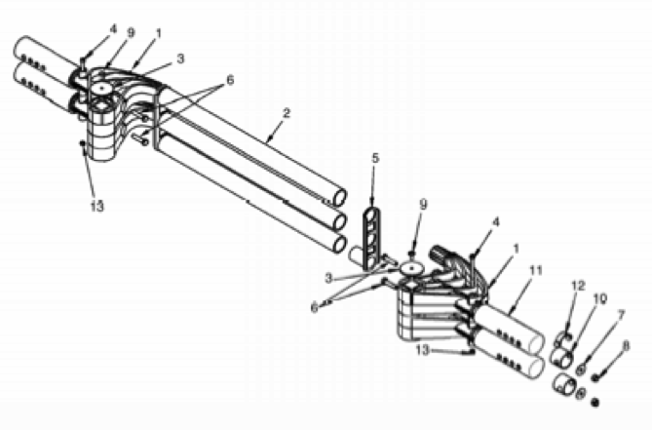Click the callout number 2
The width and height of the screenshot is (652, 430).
click(286, 113)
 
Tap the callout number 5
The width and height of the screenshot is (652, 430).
click(375, 158)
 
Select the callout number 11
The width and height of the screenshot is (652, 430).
click(536, 271)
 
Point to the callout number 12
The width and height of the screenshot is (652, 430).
click(578, 286)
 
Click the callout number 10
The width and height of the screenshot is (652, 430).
click(600, 298)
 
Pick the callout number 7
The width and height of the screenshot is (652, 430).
click(621, 316)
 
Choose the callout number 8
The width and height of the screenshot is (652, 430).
click(626, 346)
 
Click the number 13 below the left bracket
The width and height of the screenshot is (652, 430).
click(96, 206)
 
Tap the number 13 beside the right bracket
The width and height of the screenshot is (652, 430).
click(422, 350)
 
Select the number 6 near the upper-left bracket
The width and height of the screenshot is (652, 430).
click(230, 80)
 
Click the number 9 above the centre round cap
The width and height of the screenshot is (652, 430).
click(423, 204)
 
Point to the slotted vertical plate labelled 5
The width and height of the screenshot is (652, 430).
click(371, 238)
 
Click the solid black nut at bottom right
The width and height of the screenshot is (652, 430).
click(595, 403)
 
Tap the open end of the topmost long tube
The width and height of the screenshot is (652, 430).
click(340, 198)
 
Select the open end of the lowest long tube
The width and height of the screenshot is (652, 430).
click(339, 244)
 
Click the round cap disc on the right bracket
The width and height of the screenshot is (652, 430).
click(411, 269)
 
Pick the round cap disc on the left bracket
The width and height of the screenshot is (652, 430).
click(102, 88)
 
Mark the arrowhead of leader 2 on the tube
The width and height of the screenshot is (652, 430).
click(269, 139)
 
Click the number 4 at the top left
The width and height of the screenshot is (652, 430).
click(113, 29)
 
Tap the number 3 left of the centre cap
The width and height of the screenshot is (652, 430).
click(328, 278)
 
